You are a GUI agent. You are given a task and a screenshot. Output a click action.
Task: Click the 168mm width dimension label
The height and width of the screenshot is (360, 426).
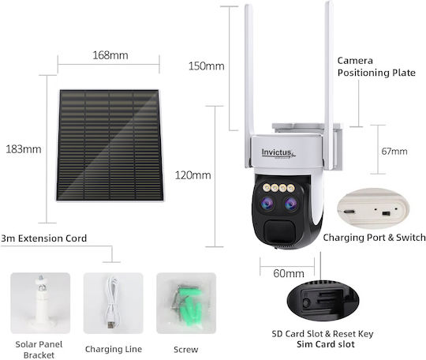click(x=110, y=55)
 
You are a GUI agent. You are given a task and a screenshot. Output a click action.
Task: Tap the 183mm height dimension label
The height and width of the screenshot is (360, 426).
click(x=24, y=149)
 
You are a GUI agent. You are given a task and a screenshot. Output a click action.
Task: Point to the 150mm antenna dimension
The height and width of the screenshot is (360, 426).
click(x=207, y=66)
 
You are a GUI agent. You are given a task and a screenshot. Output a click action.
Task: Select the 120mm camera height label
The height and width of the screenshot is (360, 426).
click(x=193, y=175)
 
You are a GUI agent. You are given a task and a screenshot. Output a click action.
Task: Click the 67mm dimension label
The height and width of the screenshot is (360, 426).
click(x=394, y=151)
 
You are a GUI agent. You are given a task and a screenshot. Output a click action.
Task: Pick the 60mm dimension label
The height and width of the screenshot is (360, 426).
click(x=289, y=273)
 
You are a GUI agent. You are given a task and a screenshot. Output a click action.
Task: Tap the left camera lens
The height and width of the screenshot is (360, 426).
click(x=267, y=204)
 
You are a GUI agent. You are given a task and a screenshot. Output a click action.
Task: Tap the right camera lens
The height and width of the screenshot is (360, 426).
click(x=291, y=204)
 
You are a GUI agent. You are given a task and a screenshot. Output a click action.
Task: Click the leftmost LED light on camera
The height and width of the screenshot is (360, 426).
click(x=267, y=187)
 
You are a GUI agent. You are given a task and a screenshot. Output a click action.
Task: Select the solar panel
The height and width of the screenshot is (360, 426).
click(x=110, y=145)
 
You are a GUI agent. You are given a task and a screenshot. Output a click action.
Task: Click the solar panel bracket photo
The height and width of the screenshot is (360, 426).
click(x=40, y=303)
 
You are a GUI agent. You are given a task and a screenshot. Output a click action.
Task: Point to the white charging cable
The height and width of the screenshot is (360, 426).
click(x=113, y=302)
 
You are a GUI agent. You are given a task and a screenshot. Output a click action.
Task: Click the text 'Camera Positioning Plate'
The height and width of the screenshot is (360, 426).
click(x=376, y=66)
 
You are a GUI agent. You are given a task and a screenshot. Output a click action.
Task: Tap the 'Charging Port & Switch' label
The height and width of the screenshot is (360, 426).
click(x=374, y=238)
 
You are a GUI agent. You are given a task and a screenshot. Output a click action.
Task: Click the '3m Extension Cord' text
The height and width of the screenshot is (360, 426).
click(x=43, y=238)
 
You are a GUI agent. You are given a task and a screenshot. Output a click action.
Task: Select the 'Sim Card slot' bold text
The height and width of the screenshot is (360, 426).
click(x=326, y=344)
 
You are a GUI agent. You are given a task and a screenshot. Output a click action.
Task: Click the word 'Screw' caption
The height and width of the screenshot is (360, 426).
click(x=186, y=350)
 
